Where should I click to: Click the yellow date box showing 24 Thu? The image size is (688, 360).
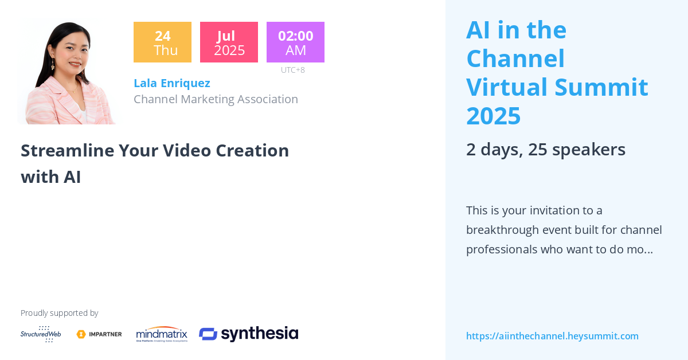click(x=162, y=42)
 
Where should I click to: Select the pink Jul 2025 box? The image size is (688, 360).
click(x=229, y=42)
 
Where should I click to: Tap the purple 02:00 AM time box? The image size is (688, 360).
click(x=295, y=42)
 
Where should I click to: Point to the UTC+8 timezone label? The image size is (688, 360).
click(x=292, y=70)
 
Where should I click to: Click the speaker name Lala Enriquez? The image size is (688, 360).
click(x=171, y=83)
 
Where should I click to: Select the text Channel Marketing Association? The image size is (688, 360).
click(x=216, y=99)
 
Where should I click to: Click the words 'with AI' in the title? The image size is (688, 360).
click(x=50, y=177)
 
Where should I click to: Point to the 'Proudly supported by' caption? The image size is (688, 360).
click(x=59, y=313)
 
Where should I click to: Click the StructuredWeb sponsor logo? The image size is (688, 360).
click(x=41, y=334)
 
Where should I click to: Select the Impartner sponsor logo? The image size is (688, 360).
click(x=99, y=334)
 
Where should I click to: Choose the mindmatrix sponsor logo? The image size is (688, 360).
click(x=162, y=334)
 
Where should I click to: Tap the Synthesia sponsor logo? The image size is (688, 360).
click(x=248, y=334)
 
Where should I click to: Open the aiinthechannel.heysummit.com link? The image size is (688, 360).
click(x=552, y=336)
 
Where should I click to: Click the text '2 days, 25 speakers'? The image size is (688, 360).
click(x=545, y=149)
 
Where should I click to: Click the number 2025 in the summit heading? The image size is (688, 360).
click(x=493, y=116)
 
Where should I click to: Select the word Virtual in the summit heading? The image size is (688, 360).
click(x=507, y=87)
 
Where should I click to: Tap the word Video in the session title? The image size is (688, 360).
click(x=186, y=150)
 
